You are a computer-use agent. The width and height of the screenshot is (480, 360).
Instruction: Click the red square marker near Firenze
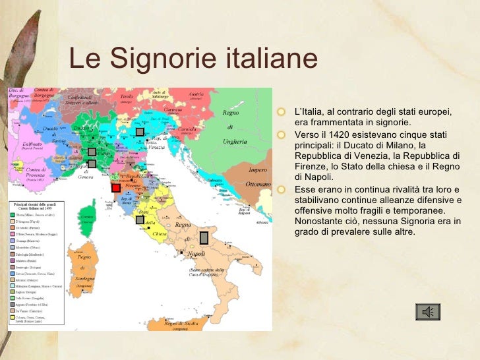(116, 188)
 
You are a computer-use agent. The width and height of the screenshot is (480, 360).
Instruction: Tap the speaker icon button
(428, 311)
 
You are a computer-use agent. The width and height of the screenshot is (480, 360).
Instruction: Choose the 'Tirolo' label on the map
(127, 96)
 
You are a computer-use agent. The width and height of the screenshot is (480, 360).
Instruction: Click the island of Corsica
(86, 210)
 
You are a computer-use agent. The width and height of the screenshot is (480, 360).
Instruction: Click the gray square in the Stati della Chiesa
(140, 220)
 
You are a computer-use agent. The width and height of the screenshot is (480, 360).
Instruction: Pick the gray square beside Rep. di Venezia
(140, 131)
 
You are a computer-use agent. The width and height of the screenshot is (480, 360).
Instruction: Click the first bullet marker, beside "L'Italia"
(282, 111)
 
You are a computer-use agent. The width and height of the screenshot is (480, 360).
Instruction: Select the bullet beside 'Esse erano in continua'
(282, 190)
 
